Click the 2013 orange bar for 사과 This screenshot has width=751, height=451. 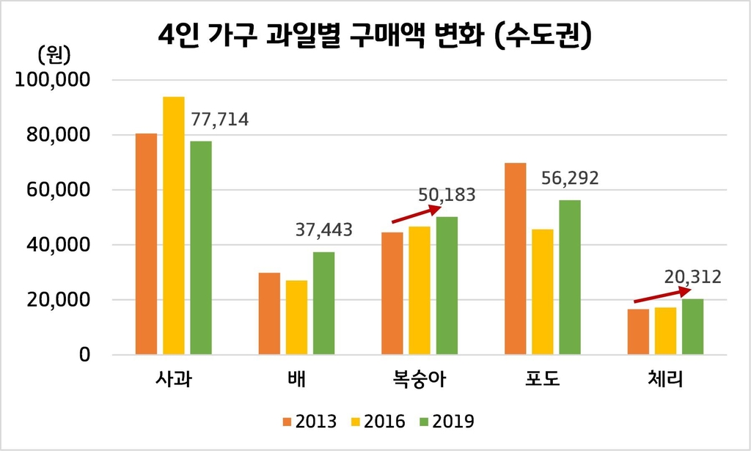click(146, 244)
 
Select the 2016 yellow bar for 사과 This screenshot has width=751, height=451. click(174, 226)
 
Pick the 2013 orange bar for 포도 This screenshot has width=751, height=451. click(516, 259)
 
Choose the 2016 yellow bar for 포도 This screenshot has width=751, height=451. click(543, 292)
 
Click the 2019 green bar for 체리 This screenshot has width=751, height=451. click(692, 327)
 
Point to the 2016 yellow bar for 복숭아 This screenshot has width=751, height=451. click(420, 290)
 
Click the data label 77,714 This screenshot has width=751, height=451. click(219, 119)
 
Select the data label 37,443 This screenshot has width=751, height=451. click(323, 230)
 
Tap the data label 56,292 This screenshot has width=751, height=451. click(570, 178)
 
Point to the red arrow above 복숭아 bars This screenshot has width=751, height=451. click(417, 213)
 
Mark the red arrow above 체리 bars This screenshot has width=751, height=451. click(662, 295)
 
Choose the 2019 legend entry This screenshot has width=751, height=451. click(445, 422)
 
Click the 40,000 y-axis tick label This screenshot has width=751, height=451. click(59, 245)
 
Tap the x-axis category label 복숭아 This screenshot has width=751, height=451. click(420, 380)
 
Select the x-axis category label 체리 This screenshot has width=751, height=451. click(665, 380)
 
